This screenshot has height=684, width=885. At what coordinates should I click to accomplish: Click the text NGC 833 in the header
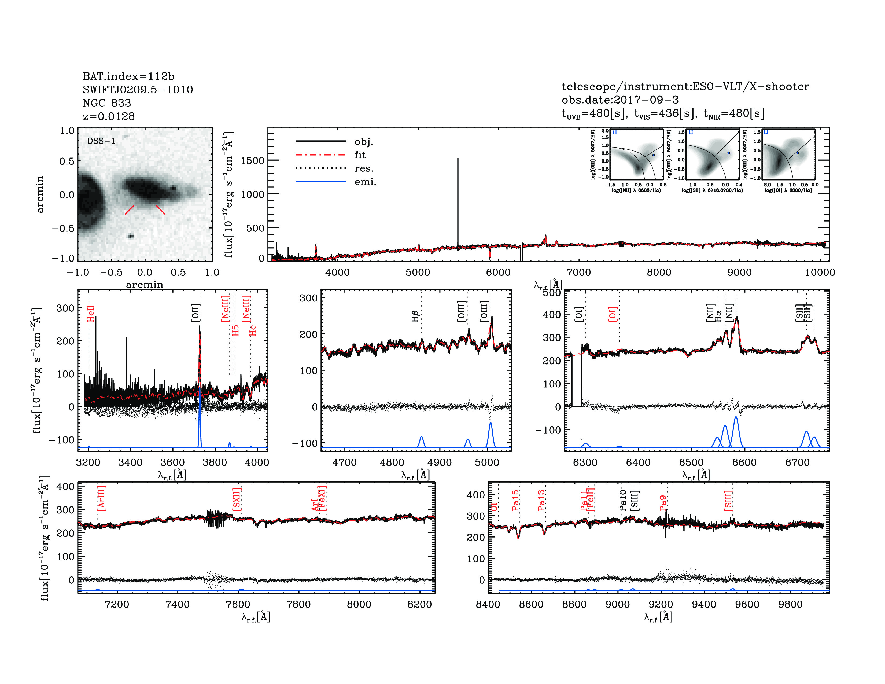[x=107, y=103]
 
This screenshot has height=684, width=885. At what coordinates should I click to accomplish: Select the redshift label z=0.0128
[x=109, y=116]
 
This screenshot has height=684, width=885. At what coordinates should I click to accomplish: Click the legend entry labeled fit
[x=360, y=155]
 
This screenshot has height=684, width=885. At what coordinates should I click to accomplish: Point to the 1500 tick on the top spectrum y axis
[x=252, y=160]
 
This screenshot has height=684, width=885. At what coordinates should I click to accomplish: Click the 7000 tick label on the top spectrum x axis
[x=578, y=272]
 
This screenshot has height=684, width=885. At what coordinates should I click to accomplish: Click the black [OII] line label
[x=195, y=313]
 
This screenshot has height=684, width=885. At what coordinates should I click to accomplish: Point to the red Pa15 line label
[x=515, y=501]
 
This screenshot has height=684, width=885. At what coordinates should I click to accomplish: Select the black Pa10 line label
[x=623, y=500]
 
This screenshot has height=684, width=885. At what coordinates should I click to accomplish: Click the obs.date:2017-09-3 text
[x=620, y=100]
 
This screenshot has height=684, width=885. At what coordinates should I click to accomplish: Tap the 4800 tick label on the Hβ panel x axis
[x=392, y=462]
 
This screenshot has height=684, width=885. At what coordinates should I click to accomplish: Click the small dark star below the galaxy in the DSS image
[x=131, y=236]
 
